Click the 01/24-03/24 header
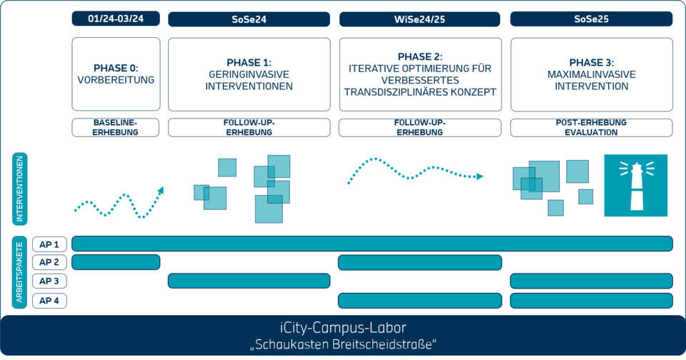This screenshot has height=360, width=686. point(116,19)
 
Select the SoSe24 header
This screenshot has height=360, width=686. point(249,19)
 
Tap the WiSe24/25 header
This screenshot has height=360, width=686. point(419,19)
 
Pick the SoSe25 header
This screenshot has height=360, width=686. point(591,19)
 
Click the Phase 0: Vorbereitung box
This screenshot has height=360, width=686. point(116,74)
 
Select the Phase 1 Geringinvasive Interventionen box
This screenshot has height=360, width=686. point(249,74)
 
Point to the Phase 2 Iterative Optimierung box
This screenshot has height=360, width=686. point(419,74)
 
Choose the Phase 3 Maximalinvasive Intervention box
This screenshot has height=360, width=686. point(591,74)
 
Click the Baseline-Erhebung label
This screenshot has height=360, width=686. point(116,128)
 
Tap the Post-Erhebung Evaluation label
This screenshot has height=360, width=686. point(591,128)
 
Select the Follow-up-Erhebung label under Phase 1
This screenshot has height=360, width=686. point(249,128)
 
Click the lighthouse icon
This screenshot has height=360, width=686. point(635,185)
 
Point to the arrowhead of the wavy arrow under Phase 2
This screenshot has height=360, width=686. point(481,176)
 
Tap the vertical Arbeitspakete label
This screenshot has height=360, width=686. point(20,271)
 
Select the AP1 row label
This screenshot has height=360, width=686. point(50,244)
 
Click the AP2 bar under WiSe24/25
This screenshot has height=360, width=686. point(419,262)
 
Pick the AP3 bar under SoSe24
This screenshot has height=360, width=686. point(249,281)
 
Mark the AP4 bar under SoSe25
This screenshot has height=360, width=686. point(591,300)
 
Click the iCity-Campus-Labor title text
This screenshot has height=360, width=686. point(343,328)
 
